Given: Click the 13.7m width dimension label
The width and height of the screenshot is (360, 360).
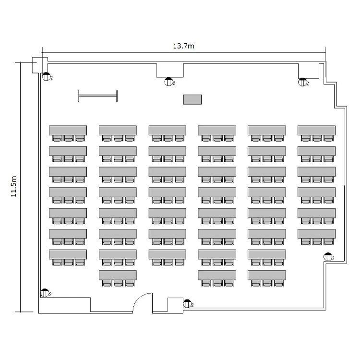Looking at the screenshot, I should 183,46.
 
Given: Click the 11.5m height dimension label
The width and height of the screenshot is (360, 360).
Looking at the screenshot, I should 14,187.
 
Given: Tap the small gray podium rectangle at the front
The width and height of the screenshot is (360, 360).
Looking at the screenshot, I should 192,99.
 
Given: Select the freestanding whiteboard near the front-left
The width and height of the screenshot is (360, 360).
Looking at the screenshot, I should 98,96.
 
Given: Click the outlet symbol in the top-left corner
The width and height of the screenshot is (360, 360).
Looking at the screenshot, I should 46,76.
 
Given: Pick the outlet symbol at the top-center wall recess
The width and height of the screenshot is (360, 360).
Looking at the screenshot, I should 168,82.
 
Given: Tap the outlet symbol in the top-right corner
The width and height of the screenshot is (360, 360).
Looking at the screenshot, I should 302,82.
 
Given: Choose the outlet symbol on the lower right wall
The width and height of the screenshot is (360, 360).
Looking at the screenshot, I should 328,257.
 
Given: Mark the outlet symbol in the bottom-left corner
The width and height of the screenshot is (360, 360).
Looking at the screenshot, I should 45,292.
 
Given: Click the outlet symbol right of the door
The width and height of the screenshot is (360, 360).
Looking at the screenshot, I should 187,303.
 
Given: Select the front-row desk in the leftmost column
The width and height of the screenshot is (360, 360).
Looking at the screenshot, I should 68,130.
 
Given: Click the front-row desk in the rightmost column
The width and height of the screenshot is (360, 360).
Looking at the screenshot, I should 316,130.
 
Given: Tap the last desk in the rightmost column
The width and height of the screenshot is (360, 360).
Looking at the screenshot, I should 316,233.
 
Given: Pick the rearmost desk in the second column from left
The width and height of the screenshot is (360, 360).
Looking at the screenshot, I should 118,275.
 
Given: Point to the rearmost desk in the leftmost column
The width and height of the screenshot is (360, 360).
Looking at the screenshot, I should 68,254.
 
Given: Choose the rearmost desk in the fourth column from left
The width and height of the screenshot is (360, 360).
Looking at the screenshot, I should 217,275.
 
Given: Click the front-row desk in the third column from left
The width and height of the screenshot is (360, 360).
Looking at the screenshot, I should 167,130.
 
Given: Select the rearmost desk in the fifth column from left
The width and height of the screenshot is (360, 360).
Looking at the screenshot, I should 266,275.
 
